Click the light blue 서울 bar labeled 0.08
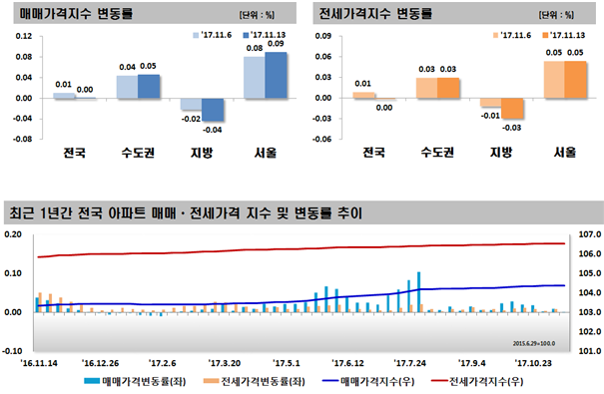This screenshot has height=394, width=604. point(254,78)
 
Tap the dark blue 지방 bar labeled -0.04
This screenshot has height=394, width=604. point(213,110)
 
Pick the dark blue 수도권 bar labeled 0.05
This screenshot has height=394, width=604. point(149,86)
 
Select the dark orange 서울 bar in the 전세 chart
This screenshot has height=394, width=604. point(575,80)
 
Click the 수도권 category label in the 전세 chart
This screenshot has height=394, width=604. point(436,153)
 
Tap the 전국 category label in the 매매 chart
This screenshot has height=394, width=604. point(74,153)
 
